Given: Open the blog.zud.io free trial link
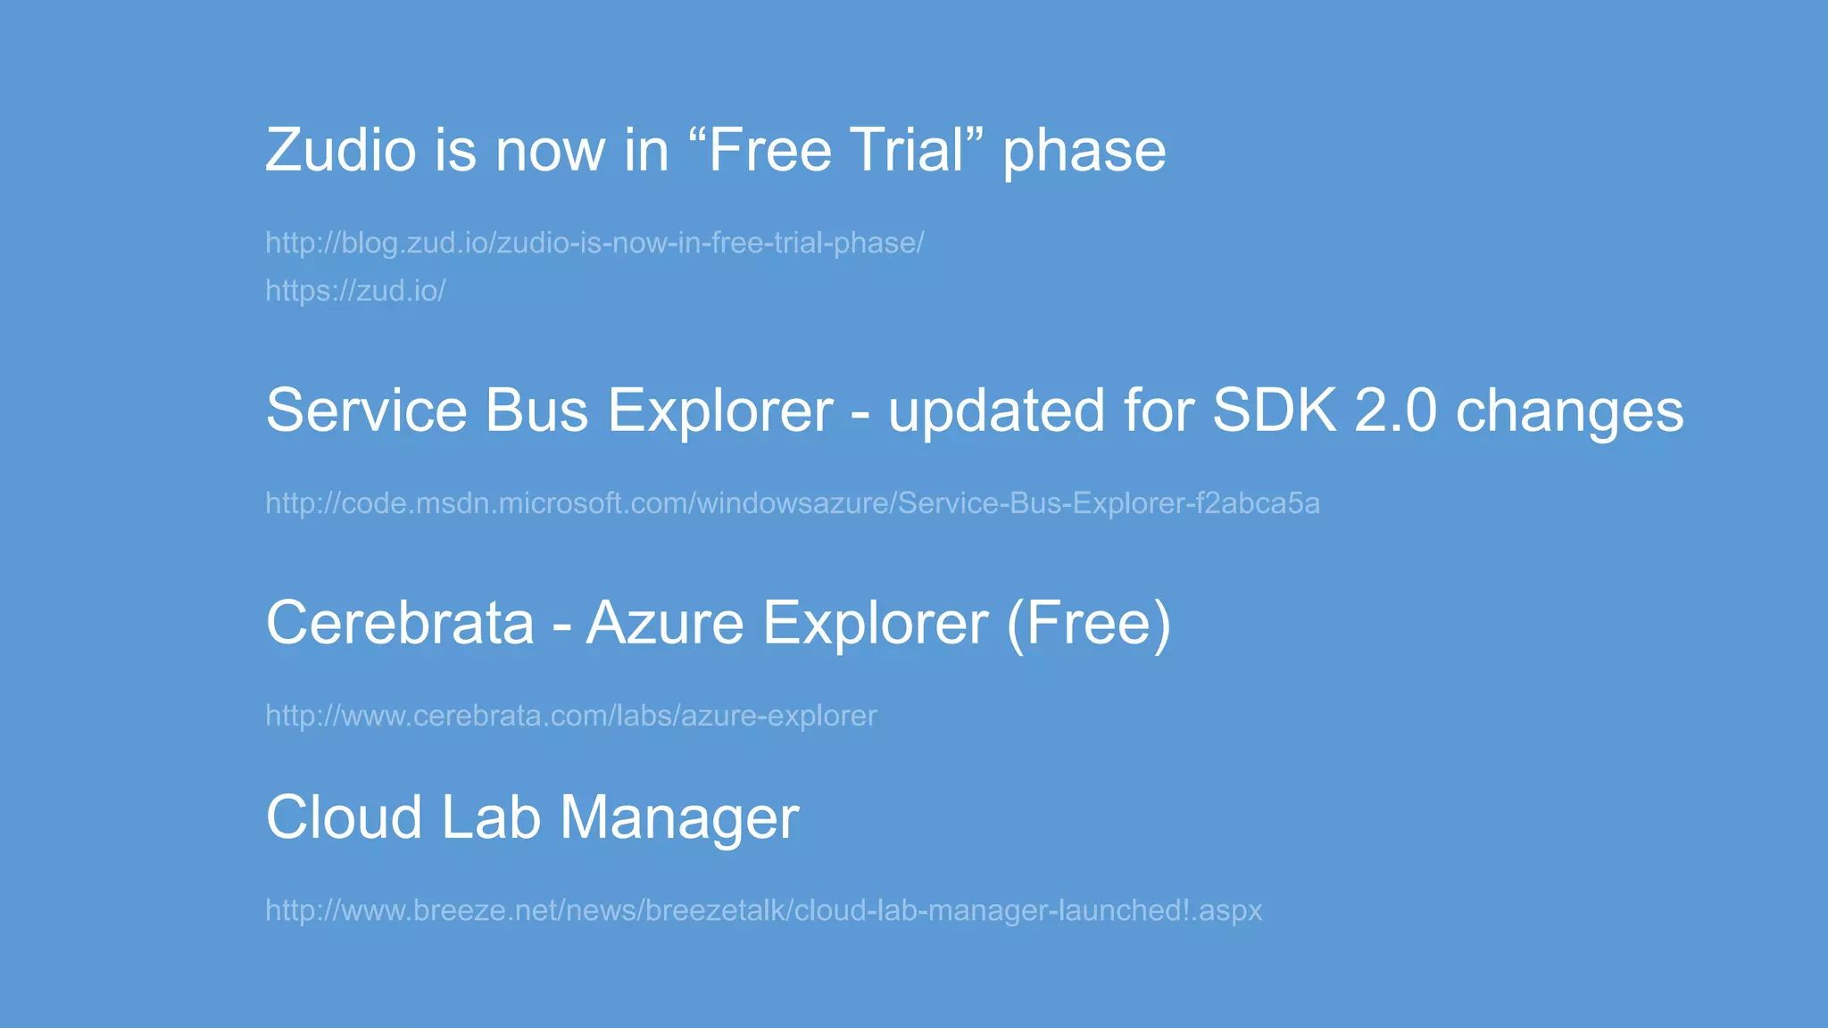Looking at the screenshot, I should tap(594, 243).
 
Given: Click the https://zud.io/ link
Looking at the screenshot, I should tap(355, 291).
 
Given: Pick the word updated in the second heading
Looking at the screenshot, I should tap(996, 412).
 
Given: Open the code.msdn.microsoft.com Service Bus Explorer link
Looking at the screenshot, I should tap(793, 503).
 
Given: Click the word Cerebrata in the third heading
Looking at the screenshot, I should tap(400, 622).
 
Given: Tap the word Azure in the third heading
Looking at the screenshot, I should tap(665, 622).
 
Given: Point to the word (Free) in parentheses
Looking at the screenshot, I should tap(1089, 624).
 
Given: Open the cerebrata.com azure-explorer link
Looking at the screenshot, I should tap(571, 716).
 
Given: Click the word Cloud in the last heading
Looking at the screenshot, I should tap(344, 817).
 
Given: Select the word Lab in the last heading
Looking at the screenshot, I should tap(491, 817).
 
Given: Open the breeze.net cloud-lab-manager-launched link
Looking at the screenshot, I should tap(764, 910).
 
